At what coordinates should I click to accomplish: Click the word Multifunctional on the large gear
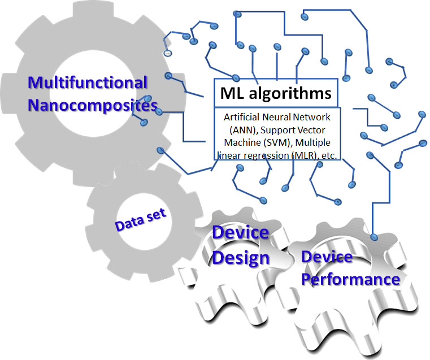pos(88,83)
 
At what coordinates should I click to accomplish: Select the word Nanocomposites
pos(93,106)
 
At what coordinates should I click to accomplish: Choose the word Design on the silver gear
pos(240,258)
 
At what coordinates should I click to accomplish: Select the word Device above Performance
pos(326,257)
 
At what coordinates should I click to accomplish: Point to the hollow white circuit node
pos(168,53)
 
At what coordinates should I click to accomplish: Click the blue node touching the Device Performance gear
pos(373,237)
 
